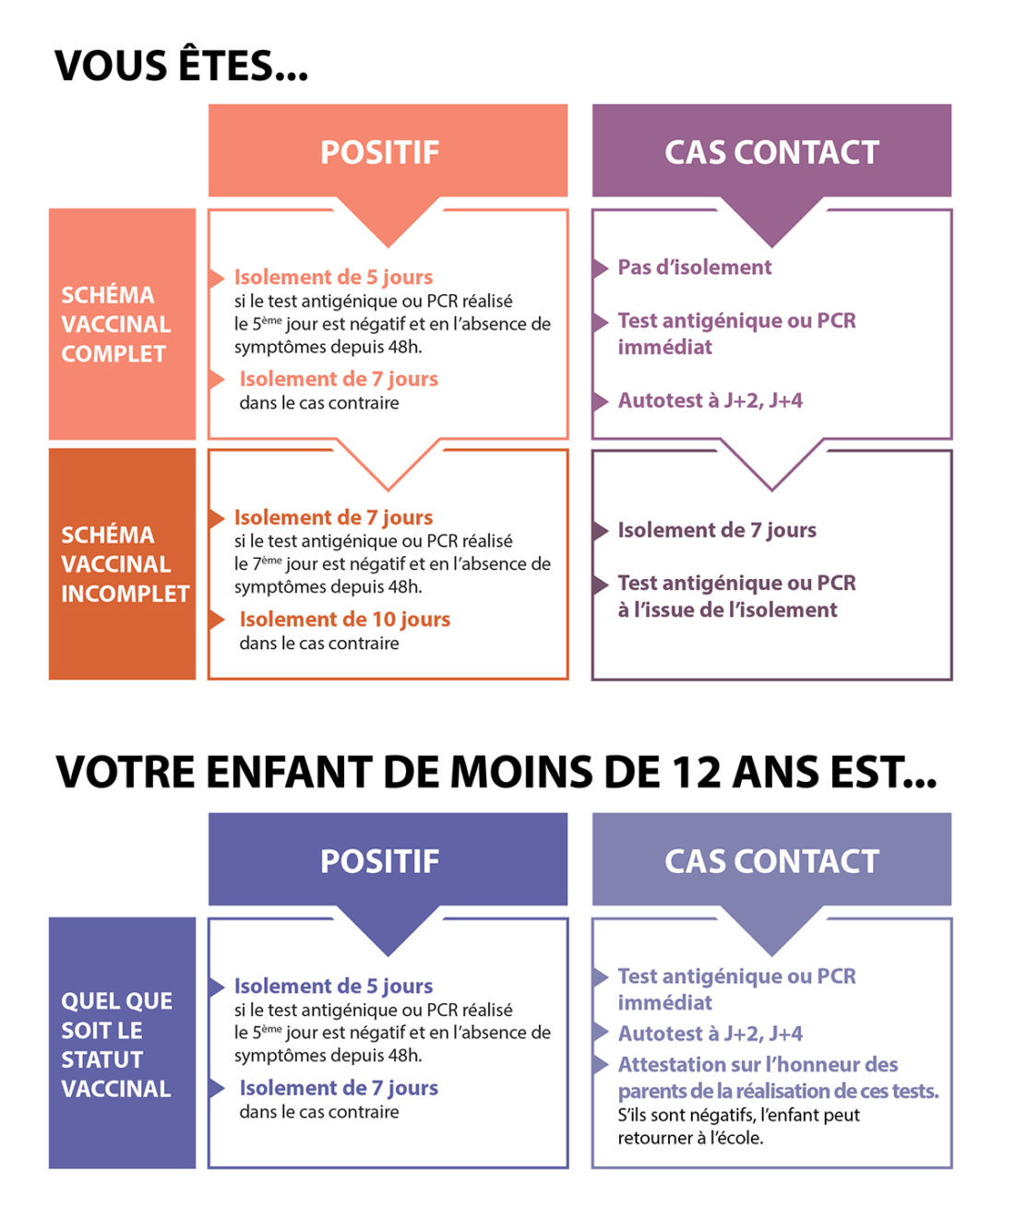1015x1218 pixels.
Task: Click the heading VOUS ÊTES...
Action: tap(181, 66)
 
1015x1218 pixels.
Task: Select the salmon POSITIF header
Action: tap(379, 152)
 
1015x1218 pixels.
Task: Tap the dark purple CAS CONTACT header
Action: tap(771, 152)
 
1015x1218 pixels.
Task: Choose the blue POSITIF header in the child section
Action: tap(379, 861)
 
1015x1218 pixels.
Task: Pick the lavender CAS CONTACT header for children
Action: tap(771, 861)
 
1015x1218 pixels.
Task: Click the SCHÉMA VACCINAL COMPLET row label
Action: tap(116, 325)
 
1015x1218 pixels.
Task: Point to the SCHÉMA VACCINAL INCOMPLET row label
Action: tap(124, 564)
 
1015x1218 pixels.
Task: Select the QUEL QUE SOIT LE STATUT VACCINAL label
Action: tap(116, 1045)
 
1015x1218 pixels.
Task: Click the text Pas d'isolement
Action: tap(694, 267)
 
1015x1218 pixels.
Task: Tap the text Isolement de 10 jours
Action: tap(344, 620)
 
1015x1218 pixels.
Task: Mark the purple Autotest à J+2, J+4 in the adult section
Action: tap(710, 400)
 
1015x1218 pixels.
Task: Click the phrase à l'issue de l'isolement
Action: tap(727, 609)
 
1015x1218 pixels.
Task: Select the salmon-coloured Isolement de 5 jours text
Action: tap(333, 277)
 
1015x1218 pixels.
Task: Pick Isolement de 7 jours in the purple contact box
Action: tap(716, 530)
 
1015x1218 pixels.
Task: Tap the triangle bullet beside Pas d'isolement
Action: tap(601, 268)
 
